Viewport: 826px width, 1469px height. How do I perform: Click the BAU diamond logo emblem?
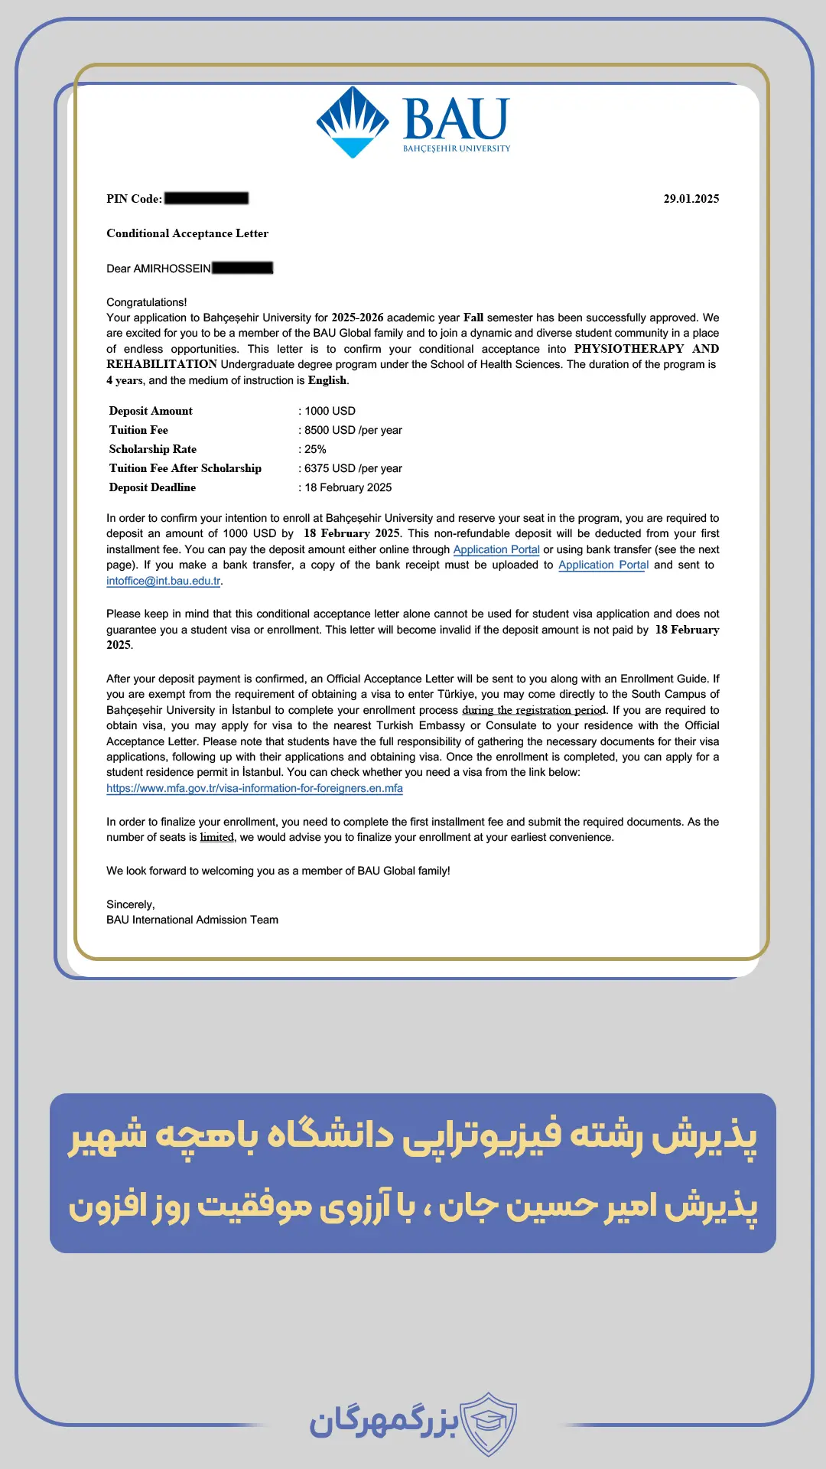[x=353, y=122]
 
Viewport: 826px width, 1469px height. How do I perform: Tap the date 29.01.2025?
[x=691, y=199]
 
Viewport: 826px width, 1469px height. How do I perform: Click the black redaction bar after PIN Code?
[x=206, y=198]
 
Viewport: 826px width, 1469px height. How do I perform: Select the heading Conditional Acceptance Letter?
[x=187, y=233]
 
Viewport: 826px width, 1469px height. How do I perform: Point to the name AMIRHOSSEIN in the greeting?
[x=172, y=269]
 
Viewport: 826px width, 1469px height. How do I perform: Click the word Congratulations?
[x=147, y=302]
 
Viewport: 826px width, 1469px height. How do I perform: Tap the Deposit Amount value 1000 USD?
[x=330, y=411]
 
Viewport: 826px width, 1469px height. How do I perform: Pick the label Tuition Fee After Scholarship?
[x=185, y=468]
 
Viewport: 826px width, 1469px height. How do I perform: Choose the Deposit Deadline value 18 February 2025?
[x=348, y=487]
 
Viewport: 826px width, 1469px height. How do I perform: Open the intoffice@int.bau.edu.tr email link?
[x=164, y=581]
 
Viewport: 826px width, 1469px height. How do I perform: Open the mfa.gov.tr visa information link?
[x=255, y=788]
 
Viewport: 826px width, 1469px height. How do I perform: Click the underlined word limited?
[x=217, y=837]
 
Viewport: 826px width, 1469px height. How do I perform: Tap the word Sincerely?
[x=130, y=904]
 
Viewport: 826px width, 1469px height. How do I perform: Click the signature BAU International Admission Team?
[x=192, y=920]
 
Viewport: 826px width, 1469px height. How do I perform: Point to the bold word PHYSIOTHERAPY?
[x=629, y=349]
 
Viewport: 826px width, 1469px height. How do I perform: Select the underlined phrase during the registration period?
[x=534, y=710]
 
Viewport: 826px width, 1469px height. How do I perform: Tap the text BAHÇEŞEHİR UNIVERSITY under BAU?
[x=457, y=148]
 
